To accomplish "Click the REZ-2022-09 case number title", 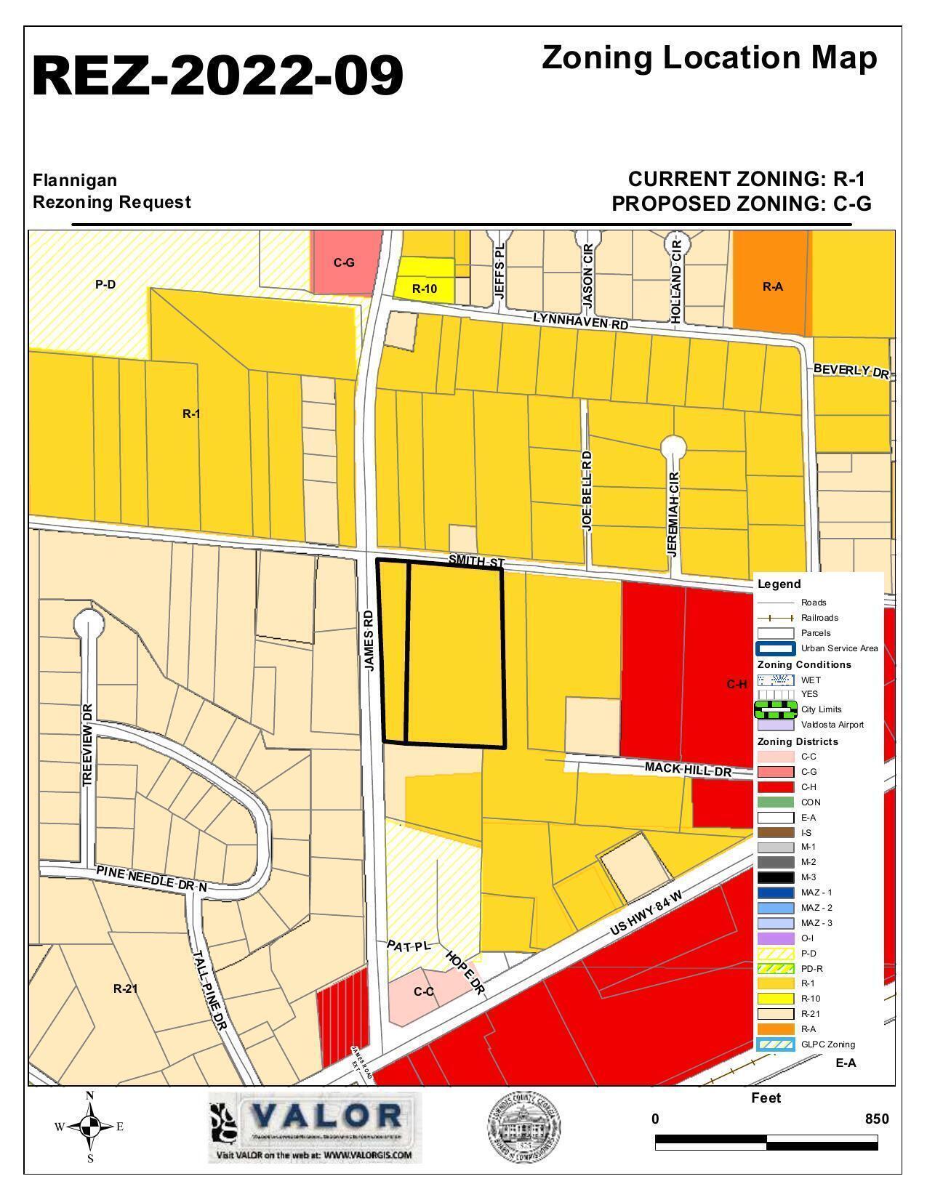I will point(218,76).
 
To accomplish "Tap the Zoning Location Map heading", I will point(709,58).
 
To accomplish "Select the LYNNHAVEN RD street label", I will point(580,321).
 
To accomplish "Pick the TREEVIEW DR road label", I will point(88,744).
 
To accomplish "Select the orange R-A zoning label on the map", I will point(772,286).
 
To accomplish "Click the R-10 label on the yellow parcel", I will point(425,289).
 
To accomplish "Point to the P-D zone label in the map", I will point(105,284).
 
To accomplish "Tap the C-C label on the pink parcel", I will point(424,991).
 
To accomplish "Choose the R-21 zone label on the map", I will point(126,988).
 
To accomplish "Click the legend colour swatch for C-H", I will point(775,787).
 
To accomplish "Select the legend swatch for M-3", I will point(775,877).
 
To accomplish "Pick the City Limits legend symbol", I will point(775,709).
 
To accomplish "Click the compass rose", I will point(90,1127).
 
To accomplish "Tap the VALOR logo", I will point(315,1127).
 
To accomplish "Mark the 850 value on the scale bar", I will point(876,1119).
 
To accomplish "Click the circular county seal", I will point(523,1127).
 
